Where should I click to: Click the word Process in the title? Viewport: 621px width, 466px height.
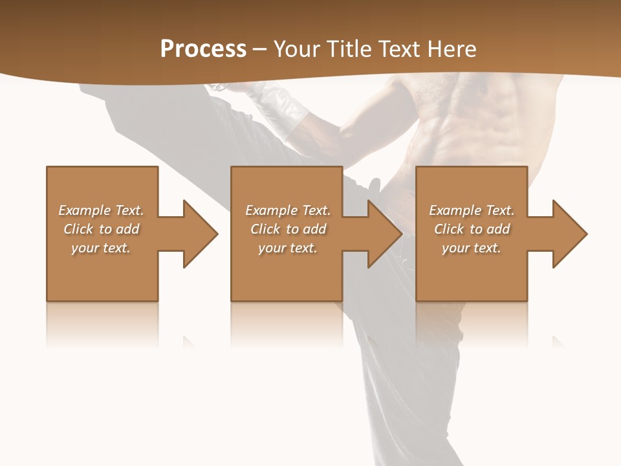203,49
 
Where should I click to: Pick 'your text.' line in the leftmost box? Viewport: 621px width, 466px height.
101,248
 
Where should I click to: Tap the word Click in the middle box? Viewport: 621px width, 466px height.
265,229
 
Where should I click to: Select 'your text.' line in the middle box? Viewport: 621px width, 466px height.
287,248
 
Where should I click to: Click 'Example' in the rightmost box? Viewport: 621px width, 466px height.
452,210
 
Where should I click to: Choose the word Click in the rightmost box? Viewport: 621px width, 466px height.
448,229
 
